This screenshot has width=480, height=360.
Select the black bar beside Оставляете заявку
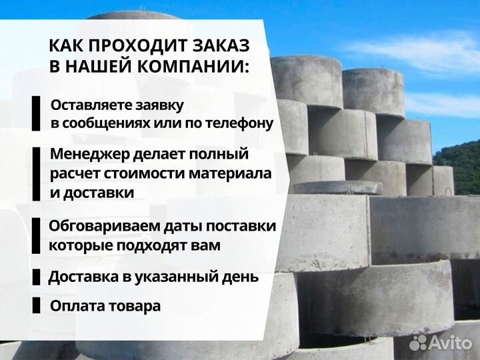point(36,114)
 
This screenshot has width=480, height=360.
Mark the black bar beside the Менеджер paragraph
point(36,173)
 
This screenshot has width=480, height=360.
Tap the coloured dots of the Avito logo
point(418,342)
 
